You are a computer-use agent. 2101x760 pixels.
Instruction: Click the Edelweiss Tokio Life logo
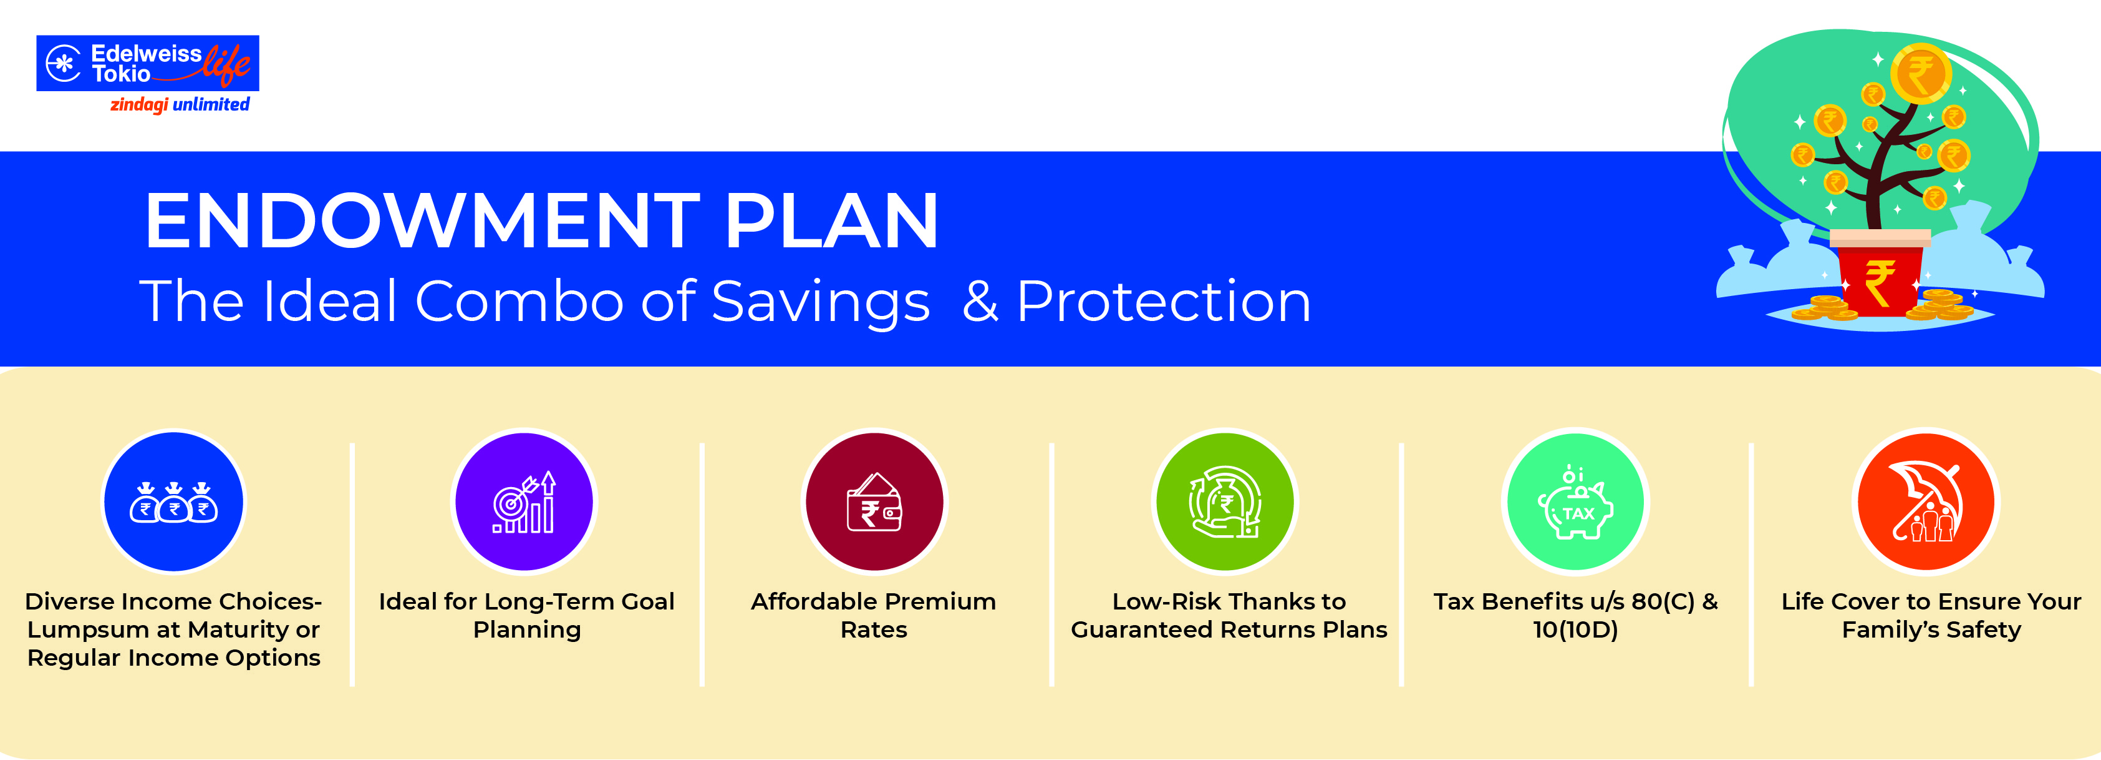pos(148,63)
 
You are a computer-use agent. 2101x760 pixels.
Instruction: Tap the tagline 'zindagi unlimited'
pos(180,104)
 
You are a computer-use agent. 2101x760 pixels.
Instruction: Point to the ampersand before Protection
pos(980,300)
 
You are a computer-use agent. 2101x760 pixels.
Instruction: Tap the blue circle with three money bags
pos(174,501)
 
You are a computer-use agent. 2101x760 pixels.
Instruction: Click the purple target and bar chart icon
pos(524,501)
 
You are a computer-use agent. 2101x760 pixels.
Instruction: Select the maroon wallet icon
pos(874,501)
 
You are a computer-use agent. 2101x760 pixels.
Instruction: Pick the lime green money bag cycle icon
pos(1225,501)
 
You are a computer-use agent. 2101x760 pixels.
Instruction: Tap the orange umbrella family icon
pos(1926,501)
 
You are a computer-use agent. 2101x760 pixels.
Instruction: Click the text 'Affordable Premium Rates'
pos(874,614)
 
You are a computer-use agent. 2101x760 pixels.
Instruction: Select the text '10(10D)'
pos(1575,629)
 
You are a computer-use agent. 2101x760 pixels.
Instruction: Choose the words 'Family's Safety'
pos(1931,629)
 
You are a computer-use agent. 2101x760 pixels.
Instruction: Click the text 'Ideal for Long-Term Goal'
pos(526,601)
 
